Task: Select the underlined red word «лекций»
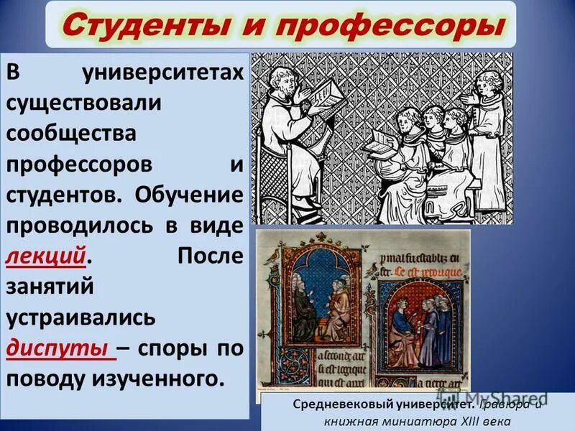pos(47,256)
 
